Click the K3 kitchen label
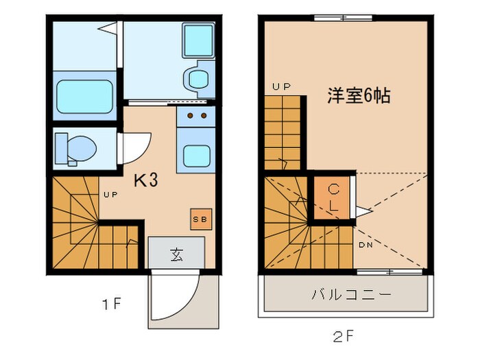click(145, 181)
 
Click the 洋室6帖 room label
click(358, 96)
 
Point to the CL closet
click(333, 198)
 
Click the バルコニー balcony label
click(351, 296)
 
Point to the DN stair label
click(364, 245)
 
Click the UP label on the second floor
click(281, 86)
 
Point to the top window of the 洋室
click(343, 18)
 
